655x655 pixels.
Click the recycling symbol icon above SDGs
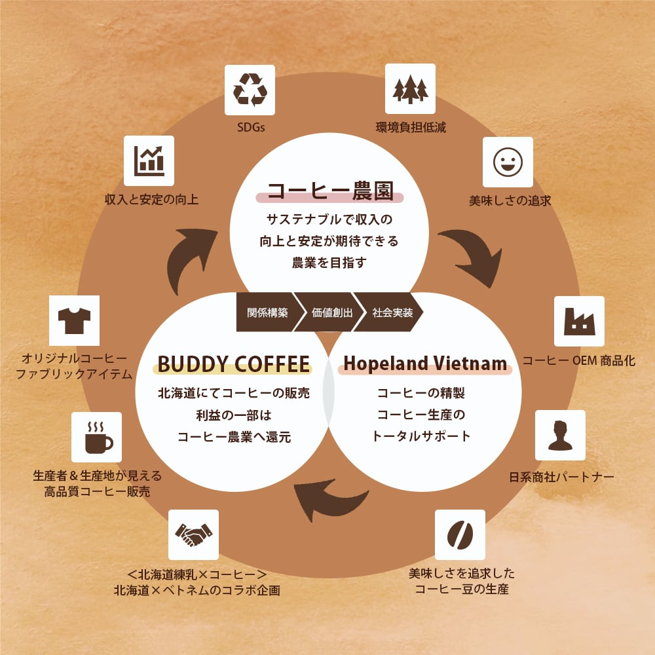coord(250,89)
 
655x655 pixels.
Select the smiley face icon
coord(508,162)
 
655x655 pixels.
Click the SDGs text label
coord(250,127)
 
